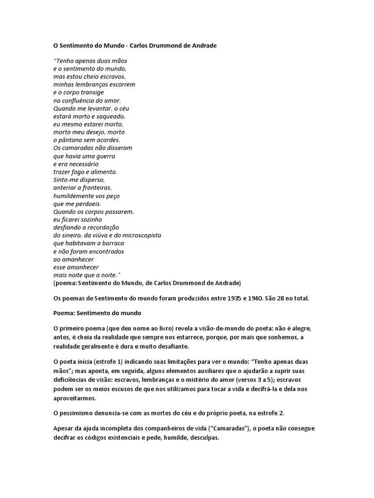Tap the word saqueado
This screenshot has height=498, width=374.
coord(112,116)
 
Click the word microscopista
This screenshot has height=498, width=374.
coord(140,235)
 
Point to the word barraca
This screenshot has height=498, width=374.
coord(111,243)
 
